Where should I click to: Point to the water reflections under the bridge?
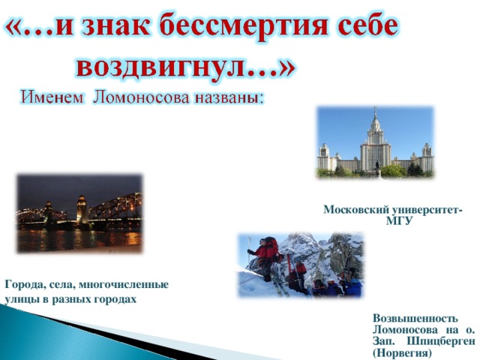(79, 240)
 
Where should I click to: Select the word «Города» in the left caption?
(22, 285)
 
